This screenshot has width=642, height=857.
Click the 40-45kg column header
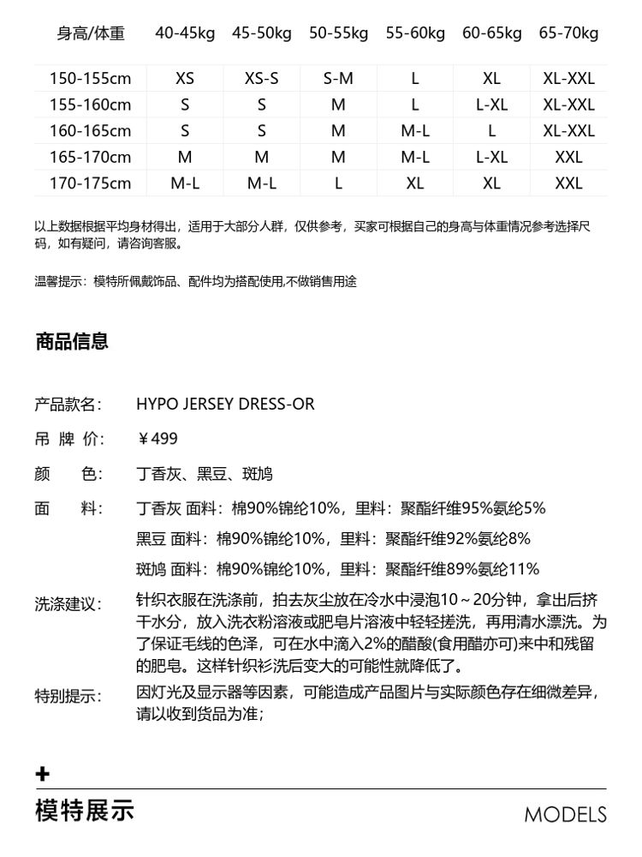click(185, 33)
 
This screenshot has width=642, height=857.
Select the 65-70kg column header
click(568, 33)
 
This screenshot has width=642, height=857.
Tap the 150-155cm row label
click(90, 79)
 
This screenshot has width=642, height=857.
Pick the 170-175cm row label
click(90, 183)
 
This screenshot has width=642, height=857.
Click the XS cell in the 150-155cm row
click(185, 79)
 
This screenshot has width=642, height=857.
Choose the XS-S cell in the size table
click(262, 79)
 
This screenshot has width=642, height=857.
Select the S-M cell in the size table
click(338, 79)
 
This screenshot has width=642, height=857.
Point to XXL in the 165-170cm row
click(568, 158)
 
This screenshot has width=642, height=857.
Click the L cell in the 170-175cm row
click(338, 183)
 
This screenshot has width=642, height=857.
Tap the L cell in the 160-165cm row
click(491, 131)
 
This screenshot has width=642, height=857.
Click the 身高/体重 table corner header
click(91, 33)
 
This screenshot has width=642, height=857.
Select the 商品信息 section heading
click(72, 342)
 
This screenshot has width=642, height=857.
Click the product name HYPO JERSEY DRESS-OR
click(225, 405)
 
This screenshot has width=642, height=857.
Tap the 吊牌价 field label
click(68, 440)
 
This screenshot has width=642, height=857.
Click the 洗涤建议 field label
click(68, 604)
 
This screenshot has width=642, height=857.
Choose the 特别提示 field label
click(68, 695)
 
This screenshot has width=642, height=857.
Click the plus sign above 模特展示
click(43, 775)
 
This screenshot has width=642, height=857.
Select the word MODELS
click(565, 814)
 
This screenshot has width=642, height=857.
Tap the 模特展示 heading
click(85, 810)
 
